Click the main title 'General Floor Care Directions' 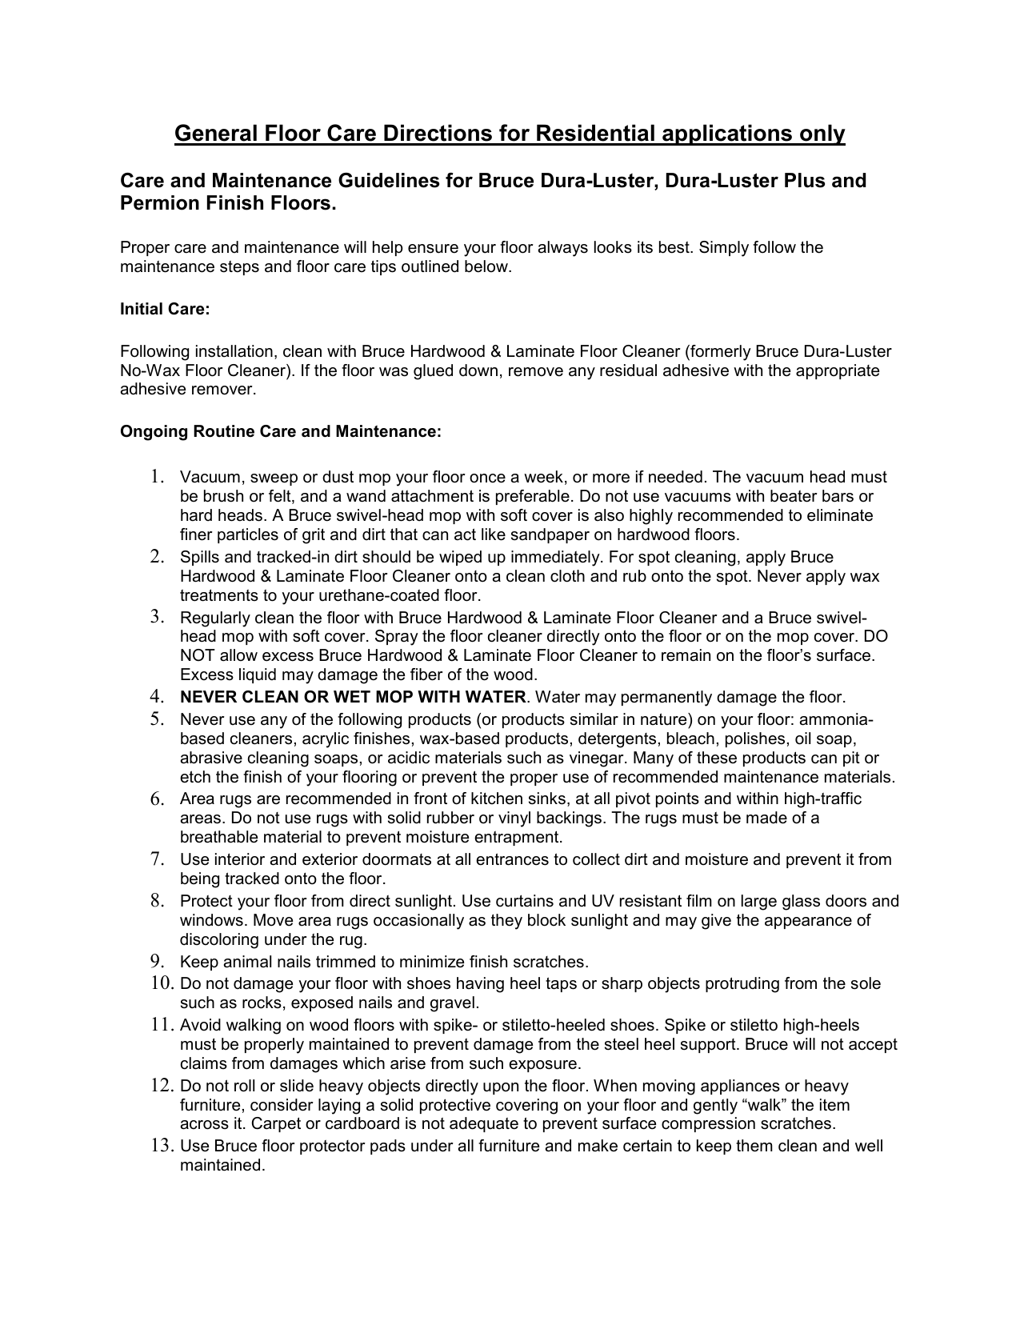510,134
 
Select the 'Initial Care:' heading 165,310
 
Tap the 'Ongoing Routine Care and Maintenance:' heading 280,432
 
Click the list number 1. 156,478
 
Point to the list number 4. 156,698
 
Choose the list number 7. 156,860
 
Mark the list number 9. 156,962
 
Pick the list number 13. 162,1147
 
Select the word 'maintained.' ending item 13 222,1166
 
